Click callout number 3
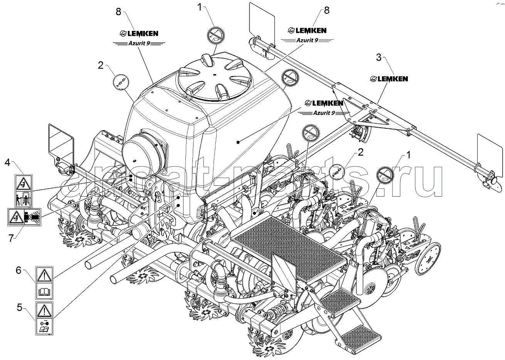point(379,58)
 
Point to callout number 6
point(18,271)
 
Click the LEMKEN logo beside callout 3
point(389,79)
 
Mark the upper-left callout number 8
point(118,12)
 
